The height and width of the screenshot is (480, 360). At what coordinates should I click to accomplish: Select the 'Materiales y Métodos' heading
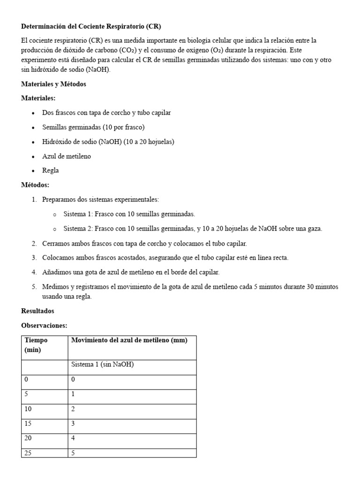click(x=53, y=84)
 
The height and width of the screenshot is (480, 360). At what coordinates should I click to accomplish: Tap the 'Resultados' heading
click(x=37, y=311)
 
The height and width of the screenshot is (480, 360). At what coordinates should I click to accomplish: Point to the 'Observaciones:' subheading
click(x=45, y=325)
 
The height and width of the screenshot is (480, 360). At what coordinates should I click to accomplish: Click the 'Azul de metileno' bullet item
click(x=67, y=156)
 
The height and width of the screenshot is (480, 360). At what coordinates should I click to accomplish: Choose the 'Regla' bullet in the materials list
click(x=51, y=171)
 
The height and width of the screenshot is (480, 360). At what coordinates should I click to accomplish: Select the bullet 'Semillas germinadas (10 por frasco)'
click(x=93, y=127)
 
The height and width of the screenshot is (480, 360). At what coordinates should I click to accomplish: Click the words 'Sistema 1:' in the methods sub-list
click(x=78, y=214)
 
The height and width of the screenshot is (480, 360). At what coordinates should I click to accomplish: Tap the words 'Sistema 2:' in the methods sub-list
click(x=78, y=229)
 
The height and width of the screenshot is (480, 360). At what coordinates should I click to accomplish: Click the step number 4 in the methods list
click(x=34, y=272)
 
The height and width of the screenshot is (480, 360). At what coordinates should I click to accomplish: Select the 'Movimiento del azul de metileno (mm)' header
click(x=129, y=340)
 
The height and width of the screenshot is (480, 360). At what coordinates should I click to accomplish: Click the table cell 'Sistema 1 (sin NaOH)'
click(x=102, y=364)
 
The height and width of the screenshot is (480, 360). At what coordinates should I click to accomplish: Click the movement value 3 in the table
click(x=73, y=423)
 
